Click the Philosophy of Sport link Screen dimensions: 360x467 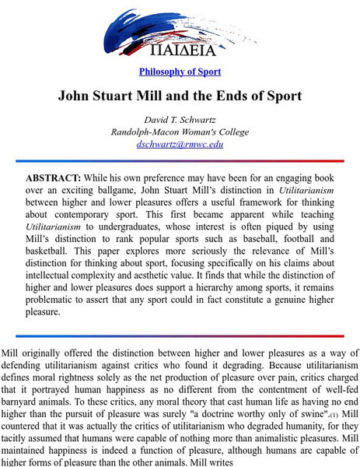[180, 72]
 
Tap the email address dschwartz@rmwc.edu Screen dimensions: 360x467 [180, 144]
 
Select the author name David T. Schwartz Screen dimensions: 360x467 [180, 120]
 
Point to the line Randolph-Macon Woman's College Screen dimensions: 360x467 [180, 132]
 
